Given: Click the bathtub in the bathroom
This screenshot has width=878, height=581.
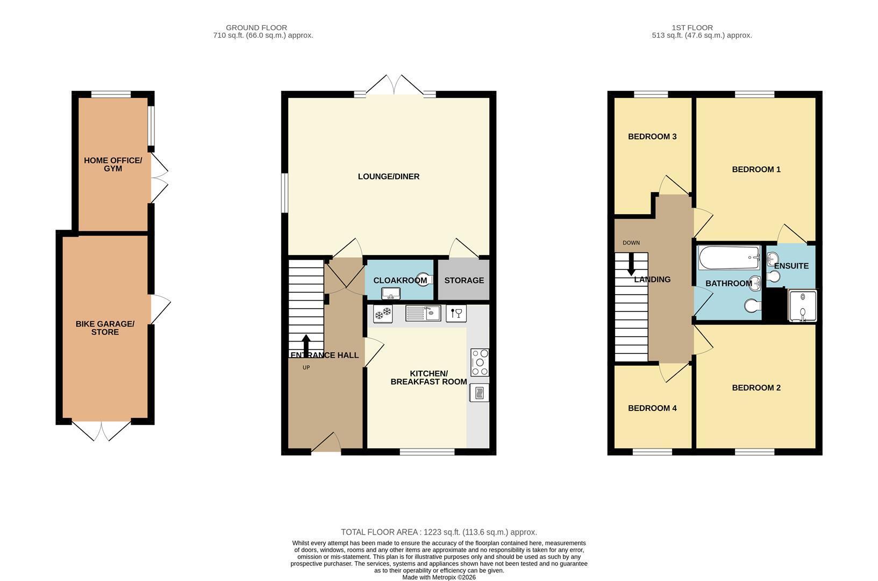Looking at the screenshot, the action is pyautogui.click(x=729, y=258).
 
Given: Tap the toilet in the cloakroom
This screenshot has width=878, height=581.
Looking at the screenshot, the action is pyautogui.click(x=425, y=279).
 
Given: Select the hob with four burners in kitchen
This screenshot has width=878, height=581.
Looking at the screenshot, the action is pyautogui.click(x=480, y=363).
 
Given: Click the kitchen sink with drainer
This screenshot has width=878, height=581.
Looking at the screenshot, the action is pyautogui.click(x=423, y=313).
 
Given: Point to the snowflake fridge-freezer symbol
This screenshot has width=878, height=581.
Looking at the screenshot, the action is pyautogui.click(x=383, y=314).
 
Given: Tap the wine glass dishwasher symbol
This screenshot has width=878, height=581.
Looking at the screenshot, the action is pyautogui.click(x=456, y=314).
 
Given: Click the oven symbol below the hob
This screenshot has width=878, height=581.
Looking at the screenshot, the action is pyautogui.click(x=479, y=393).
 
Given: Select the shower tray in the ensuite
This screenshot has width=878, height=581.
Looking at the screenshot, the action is pyautogui.click(x=802, y=306).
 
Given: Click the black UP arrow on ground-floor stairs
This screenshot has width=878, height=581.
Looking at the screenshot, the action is pyautogui.click(x=306, y=346).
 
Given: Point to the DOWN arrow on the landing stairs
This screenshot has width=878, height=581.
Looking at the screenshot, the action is pyautogui.click(x=631, y=264).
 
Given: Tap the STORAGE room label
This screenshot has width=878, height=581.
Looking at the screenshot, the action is pyautogui.click(x=464, y=280).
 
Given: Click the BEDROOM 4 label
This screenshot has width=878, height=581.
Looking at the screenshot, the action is pyautogui.click(x=652, y=408).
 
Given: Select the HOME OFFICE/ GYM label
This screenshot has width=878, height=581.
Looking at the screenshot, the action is pyautogui.click(x=113, y=165).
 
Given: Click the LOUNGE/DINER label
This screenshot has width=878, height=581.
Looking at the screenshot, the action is pyautogui.click(x=388, y=176).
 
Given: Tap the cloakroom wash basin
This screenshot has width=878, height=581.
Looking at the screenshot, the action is pyautogui.click(x=391, y=293).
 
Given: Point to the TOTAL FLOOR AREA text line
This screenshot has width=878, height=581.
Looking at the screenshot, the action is pyautogui.click(x=439, y=532).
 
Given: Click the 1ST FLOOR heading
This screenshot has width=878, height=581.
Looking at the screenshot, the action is pyautogui.click(x=692, y=27).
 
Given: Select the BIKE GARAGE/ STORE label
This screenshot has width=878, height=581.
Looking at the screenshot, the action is pyautogui.click(x=105, y=328).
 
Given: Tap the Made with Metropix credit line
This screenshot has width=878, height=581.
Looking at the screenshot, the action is pyautogui.click(x=439, y=577).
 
